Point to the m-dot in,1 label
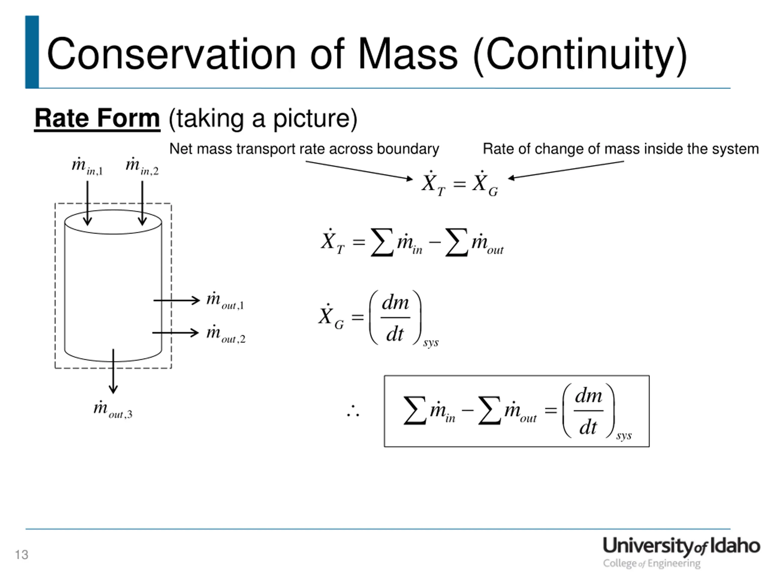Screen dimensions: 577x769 [87, 166]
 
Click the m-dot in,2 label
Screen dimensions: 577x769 [142, 166]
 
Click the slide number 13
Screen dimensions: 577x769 [21, 554]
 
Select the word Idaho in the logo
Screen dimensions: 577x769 [734, 546]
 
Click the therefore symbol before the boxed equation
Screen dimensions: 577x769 [353, 411]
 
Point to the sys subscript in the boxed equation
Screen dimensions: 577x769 [624, 436]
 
